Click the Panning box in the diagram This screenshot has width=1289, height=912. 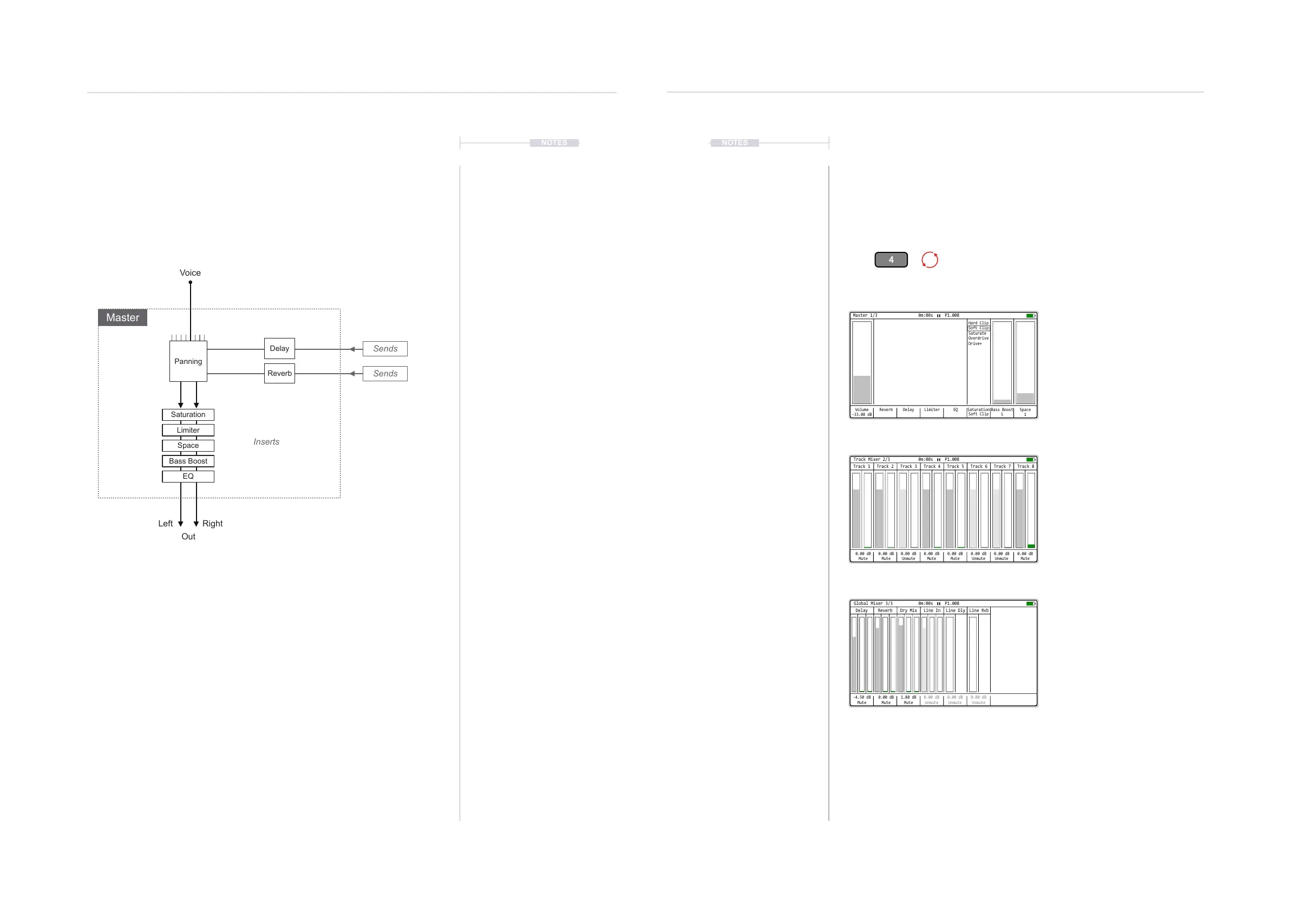(188, 361)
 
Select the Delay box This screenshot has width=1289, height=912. (279, 348)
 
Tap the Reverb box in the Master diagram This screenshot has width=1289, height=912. (279, 374)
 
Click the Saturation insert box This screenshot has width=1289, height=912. (188, 414)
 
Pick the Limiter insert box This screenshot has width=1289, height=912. (188, 430)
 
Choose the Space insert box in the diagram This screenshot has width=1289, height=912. (188, 445)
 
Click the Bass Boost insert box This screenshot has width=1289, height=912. (188, 461)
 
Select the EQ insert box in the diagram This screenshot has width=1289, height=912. (188, 476)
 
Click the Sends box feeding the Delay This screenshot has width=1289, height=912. (385, 349)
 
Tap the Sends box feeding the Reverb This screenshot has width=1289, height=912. (385, 374)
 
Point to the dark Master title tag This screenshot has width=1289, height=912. (122, 317)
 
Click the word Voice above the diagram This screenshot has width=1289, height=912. (190, 273)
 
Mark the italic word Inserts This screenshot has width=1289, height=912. (266, 442)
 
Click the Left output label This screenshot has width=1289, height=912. (165, 523)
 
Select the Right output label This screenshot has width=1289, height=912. (212, 523)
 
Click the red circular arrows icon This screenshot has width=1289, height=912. (930, 259)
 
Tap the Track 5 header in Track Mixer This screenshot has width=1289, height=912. (955, 466)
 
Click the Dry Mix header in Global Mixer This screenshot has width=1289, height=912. (908, 610)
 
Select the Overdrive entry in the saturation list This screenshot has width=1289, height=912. (978, 338)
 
